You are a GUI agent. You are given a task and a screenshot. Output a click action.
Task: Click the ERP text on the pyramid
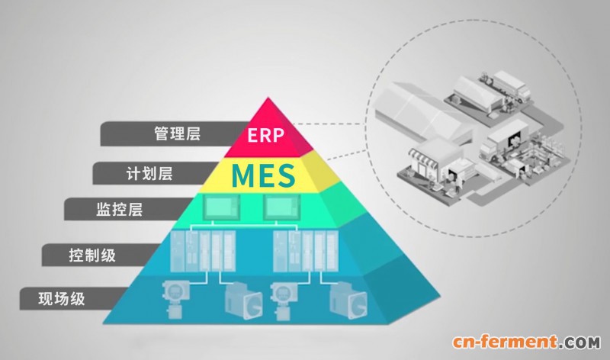click(x=265, y=135)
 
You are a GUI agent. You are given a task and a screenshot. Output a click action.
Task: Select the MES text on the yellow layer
click(x=263, y=175)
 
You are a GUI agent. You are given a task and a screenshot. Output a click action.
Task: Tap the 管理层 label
click(x=178, y=133)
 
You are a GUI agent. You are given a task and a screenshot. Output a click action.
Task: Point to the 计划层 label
click(x=149, y=174)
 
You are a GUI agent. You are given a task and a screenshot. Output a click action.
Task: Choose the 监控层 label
click(x=120, y=210)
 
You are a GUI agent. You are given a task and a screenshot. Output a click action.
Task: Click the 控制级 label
click(x=92, y=256)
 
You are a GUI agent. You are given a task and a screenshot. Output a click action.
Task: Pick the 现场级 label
click(x=62, y=299)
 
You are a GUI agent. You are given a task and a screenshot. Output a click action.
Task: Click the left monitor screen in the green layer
click(x=222, y=207)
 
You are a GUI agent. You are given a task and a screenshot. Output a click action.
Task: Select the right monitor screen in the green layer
click(x=281, y=207)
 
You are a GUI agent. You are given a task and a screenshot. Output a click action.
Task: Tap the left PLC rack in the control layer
click(x=203, y=251)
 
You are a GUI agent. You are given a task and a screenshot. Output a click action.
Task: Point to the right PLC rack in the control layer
click(x=306, y=251)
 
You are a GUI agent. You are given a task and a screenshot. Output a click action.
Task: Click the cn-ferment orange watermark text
click(x=505, y=342)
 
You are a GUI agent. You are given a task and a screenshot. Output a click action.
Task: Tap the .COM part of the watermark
click(x=579, y=343)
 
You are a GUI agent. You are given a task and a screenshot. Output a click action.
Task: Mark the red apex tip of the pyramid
click(x=268, y=98)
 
